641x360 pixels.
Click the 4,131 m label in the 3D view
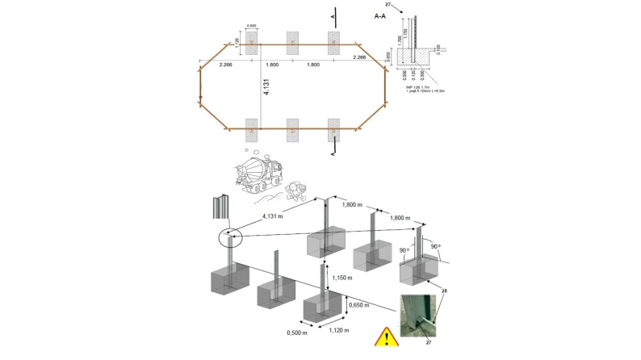pos(278,216)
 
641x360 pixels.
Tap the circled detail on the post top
pos(230,237)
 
